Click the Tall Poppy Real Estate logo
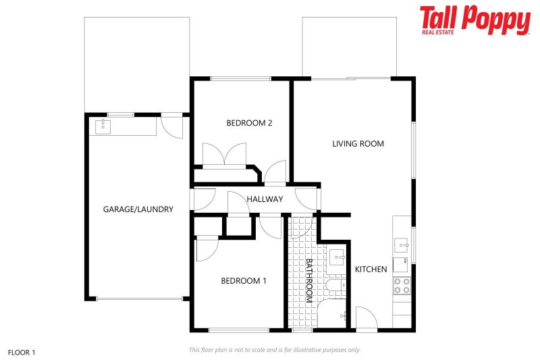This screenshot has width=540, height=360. coord(475,20)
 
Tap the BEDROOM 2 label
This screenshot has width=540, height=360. coord(249,123)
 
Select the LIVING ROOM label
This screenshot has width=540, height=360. coord(358,143)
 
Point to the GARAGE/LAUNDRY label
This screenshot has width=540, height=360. coord(138,209)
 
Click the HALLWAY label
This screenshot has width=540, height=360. coord(265,199)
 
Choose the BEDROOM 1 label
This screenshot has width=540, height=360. coord(244,281)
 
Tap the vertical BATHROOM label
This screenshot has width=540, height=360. coord(309,280)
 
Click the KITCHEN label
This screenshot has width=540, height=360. coord(371,269)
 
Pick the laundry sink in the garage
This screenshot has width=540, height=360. coord(103,126)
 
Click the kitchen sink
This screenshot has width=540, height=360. coord(402,244)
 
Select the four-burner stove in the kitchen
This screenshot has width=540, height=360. coord(402,285)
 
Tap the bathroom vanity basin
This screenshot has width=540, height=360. coord(337,257)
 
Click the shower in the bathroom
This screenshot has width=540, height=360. coord(332,315)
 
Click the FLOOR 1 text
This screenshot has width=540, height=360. coord(21,353)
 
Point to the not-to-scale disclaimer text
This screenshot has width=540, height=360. coord(274,350)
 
